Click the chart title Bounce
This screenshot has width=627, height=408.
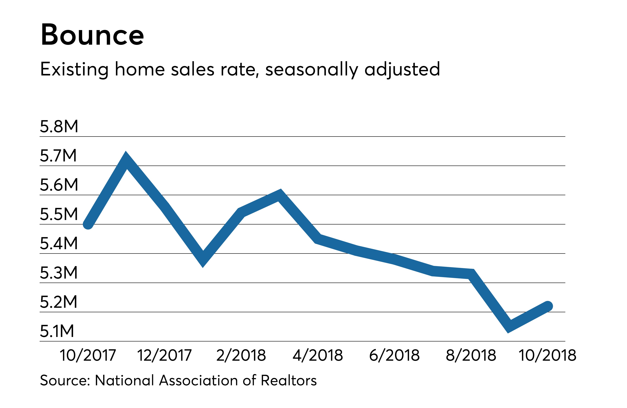tap(92, 35)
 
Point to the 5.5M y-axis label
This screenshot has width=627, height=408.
tap(59, 214)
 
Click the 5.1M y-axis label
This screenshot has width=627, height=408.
tap(57, 331)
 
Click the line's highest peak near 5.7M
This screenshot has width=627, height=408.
tap(126, 160)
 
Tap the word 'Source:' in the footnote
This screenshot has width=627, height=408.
tap(65, 380)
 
